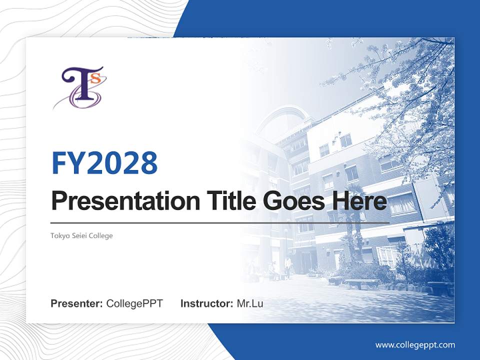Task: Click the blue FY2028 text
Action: coord(104,163)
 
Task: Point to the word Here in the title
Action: coord(359,201)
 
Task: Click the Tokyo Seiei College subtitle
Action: coord(81,235)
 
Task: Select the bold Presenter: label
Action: coord(77,303)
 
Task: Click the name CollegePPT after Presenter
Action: coord(134,303)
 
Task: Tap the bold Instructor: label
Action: coord(206,303)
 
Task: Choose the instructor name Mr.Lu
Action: coord(250,303)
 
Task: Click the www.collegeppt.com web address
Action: coord(415,344)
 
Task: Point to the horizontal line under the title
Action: coord(220,222)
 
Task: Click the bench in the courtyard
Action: coord(361,282)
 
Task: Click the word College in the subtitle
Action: coord(101,235)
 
